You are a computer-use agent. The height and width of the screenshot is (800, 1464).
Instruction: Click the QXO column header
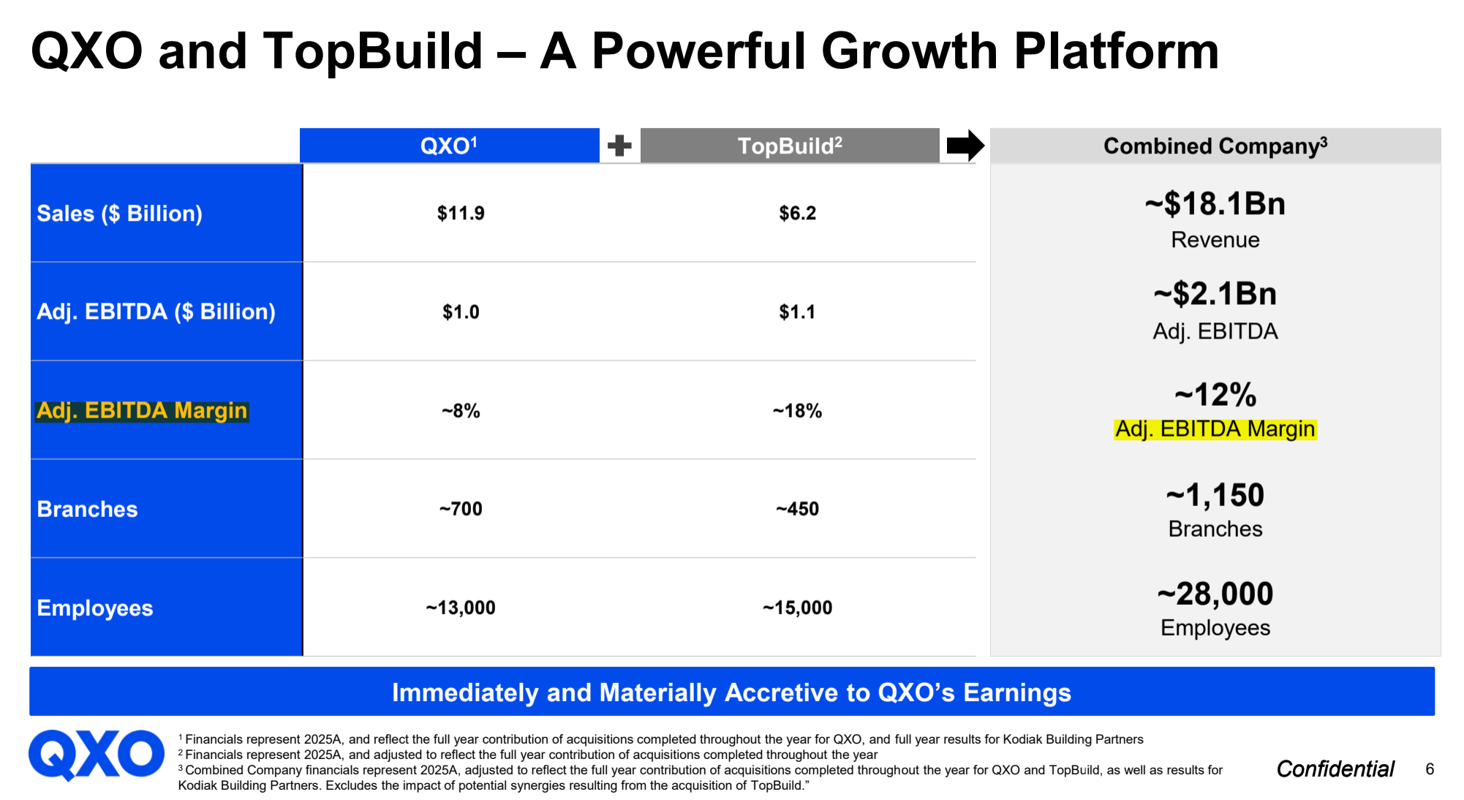click(x=449, y=146)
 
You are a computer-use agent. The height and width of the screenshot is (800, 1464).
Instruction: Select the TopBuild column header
click(x=790, y=146)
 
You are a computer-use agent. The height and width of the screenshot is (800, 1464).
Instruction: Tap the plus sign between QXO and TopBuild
click(x=619, y=146)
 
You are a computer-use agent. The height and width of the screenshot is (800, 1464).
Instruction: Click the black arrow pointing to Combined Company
click(x=965, y=146)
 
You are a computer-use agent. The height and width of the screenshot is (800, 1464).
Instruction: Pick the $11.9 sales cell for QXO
click(x=461, y=213)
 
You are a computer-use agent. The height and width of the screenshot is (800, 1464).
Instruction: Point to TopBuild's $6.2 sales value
click(x=797, y=213)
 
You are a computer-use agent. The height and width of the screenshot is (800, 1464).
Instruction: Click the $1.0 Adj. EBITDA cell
click(x=461, y=312)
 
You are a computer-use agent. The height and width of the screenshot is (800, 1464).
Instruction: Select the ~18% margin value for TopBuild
click(x=797, y=411)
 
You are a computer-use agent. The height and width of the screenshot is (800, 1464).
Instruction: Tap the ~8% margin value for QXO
click(x=461, y=411)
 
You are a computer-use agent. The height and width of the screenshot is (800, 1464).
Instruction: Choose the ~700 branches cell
click(x=461, y=509)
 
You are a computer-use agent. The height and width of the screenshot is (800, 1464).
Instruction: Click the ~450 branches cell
click(x=797, y=509)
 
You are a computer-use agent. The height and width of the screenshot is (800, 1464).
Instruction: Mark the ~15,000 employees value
click(x=797, y=608)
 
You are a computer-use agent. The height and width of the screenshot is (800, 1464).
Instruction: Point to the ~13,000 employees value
click(x=461, y=608)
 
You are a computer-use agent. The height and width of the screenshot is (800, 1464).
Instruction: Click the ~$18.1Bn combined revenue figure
click(x=1215, y=203)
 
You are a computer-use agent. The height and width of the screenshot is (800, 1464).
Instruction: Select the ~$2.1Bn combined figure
click(x=1215, y=294)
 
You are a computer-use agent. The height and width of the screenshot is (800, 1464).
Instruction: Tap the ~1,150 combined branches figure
click(x=1215, y=495)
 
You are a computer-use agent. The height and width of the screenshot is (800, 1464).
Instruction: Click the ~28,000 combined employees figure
click(x=1215, y=594)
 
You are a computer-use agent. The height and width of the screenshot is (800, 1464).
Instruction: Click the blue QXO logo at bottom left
click(x=97, y=755)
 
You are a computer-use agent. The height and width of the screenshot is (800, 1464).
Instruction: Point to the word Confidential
click(x=1335, y=769)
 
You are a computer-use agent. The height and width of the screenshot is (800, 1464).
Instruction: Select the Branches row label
click(x=87, y=509)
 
